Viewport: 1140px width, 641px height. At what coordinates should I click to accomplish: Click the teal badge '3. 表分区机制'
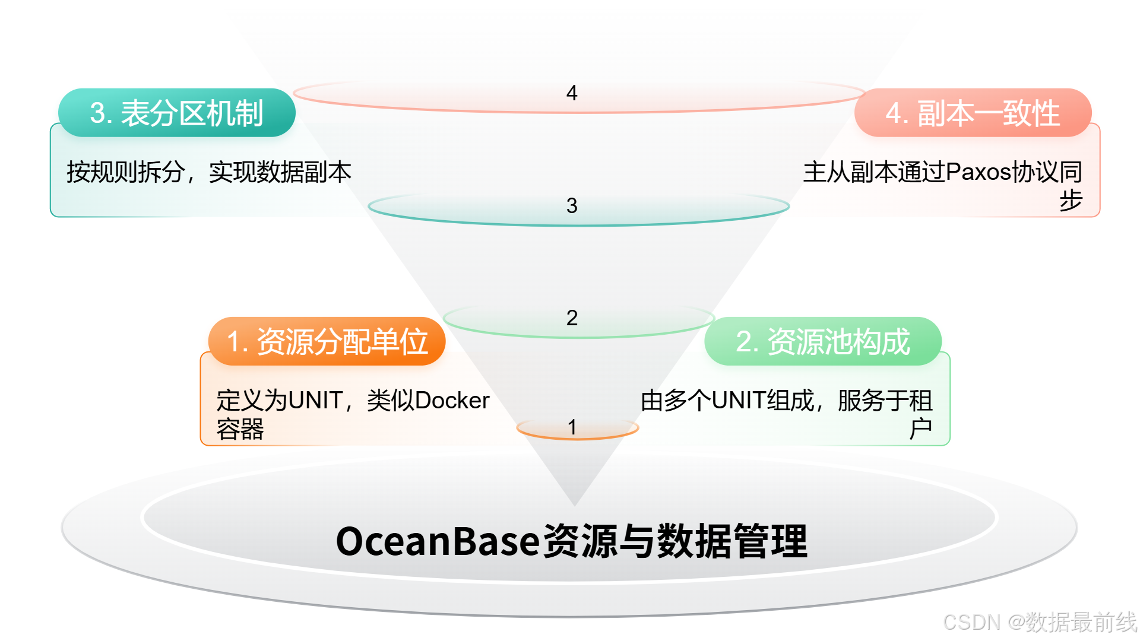[x=176, y=113]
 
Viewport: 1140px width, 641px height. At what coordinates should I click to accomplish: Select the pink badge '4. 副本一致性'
[x=973, y=113]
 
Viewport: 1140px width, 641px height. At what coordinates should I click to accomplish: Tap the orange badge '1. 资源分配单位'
[x=327, y=341]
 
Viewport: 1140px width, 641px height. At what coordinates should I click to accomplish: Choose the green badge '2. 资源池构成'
[x=823, y=341]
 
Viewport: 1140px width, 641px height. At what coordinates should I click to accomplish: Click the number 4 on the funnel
[x=572, y=93]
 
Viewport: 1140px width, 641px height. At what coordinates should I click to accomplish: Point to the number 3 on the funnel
[x=572, y=206]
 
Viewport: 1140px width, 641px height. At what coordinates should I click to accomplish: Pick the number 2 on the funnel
[x=572, y=318]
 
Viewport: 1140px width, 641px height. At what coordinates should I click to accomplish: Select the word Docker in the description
[x=452, y=401]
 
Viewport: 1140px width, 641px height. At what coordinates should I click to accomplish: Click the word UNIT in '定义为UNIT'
[x=315, y=401]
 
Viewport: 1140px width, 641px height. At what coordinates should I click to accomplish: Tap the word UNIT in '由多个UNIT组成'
[x=739, y=401]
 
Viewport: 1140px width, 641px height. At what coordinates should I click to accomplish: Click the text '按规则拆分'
[x=125, y=172]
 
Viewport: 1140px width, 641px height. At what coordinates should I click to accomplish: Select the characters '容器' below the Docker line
[x=240, y=429]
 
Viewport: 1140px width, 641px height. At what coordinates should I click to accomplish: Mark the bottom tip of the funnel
[x=574, y=503]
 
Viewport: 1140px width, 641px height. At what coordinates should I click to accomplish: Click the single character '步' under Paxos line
[x=1071, y=201]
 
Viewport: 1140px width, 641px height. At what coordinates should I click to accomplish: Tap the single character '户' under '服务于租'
[x=920, y=429]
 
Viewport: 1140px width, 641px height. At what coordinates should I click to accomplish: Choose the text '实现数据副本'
[x=280, y=172]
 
